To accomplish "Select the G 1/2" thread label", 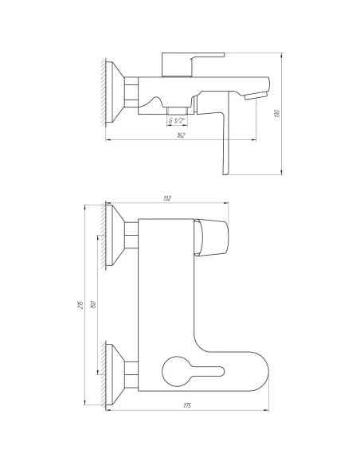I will (x=178, y=121).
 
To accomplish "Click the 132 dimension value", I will (x=166, y=198).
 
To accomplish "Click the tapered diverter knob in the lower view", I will (x=212, y=236).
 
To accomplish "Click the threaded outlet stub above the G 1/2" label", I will (x=178, y=109).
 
